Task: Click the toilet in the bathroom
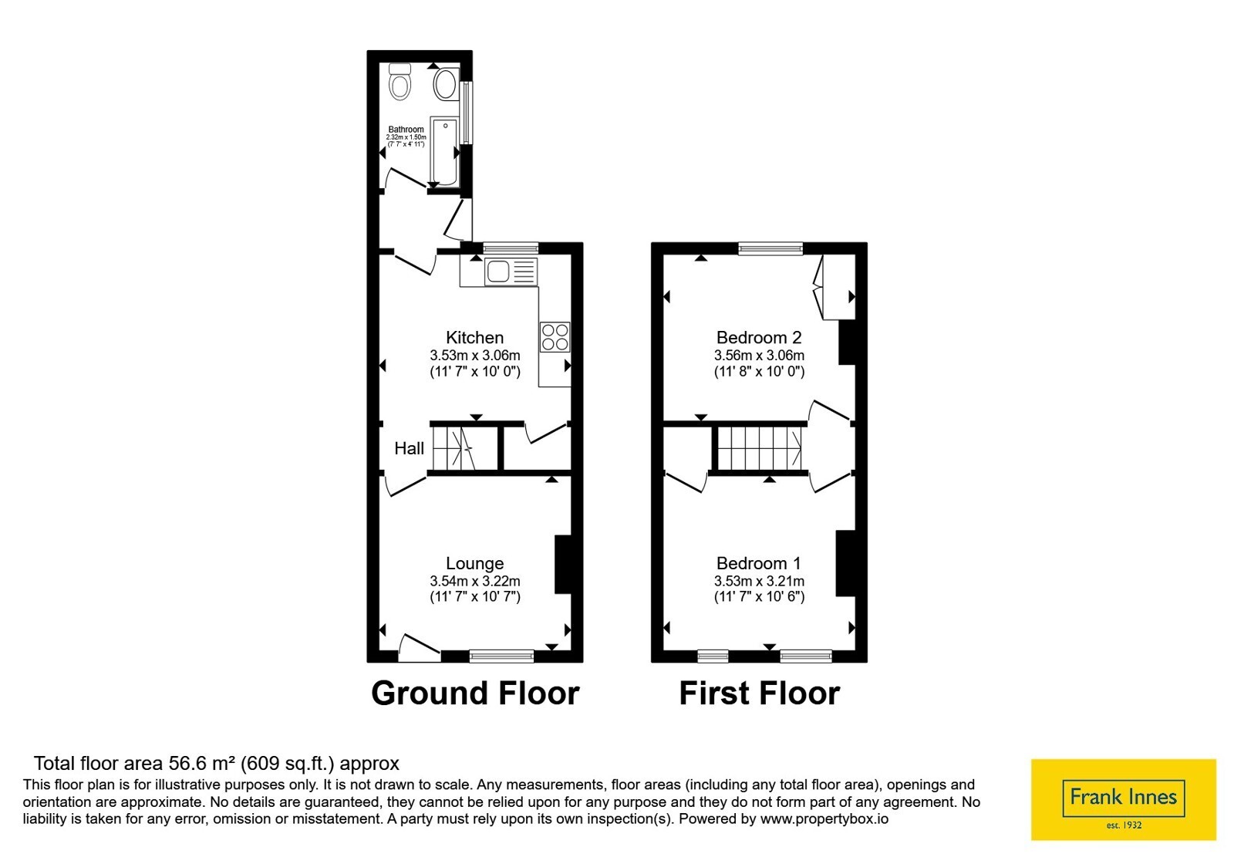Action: click(x=400, y=82)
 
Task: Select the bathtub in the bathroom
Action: click(x=444, y=151)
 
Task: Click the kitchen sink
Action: click(x=511, y=272)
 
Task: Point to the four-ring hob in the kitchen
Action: click(x=555, y=337)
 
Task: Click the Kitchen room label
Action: click(x=475, y=337)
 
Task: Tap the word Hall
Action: click(x=410, y=448)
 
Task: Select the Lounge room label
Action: click(x=475, y=563)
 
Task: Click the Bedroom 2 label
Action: click(x=759, y=337)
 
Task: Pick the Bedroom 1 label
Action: click(x=759, y=563)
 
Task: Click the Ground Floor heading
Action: click(x=475, y=694)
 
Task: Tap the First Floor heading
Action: click(x=760, y=694)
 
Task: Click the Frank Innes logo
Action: click(x=1124, y=799)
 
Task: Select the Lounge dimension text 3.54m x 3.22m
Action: click(x=475, y=581)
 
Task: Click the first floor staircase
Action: click(x=759, y=448)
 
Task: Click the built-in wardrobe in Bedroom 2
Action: click(x=834, y=287)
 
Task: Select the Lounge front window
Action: click(x=502, y=656)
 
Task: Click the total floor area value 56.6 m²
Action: click(x=202, y=763)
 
